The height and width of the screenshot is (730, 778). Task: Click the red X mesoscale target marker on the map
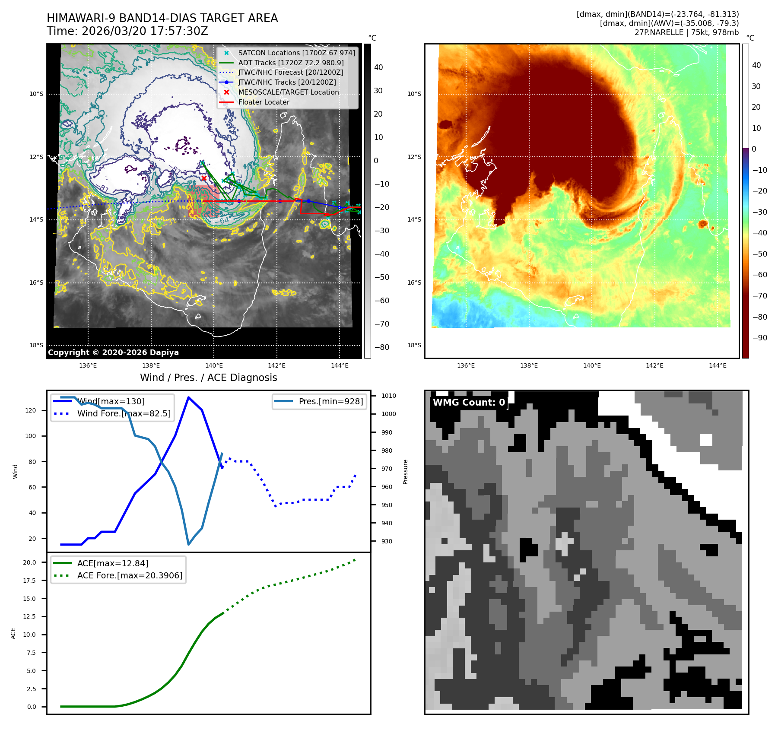pos(204,178)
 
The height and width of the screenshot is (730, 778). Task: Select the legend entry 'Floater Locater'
pos(264,102)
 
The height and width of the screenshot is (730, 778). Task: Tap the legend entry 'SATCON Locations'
pos(296,53)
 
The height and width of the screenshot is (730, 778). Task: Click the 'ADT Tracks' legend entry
pos(291,63)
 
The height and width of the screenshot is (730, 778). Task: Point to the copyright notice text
pos(113,352)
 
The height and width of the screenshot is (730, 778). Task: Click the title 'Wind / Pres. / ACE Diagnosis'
pos(208,378)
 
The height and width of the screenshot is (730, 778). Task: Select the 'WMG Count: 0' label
pos(469,403)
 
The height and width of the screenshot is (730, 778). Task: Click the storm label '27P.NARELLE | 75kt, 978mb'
pos(686,32)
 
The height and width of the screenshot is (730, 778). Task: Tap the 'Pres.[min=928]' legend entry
pos(330,402)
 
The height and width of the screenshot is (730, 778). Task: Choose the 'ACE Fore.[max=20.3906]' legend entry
pos(130,575)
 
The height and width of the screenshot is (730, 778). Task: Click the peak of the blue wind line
pos(188,397)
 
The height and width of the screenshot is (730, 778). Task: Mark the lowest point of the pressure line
pos(189,544)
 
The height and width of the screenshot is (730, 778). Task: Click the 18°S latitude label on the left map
pos(36,345)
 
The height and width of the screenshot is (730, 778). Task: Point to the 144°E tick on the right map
pos(718,365)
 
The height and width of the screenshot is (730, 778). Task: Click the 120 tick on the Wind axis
pos(31,410)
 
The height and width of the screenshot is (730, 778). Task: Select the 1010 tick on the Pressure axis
pos(388,396)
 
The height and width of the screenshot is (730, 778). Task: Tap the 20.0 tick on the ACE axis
pos(29,562)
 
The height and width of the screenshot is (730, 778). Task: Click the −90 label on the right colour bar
pos(759,338)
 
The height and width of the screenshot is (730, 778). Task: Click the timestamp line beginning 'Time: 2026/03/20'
pos(127,31)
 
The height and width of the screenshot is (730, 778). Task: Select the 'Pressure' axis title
pos(405,472)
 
